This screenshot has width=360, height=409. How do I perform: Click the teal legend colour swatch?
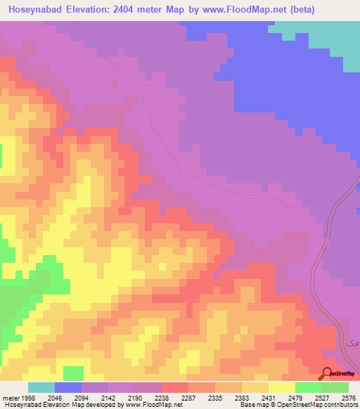41,387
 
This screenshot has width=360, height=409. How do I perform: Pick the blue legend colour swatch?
67,387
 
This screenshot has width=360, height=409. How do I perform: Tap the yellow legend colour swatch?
281,387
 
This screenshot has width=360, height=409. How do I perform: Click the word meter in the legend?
11,397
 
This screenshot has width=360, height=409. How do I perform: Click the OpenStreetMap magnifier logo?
326,375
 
